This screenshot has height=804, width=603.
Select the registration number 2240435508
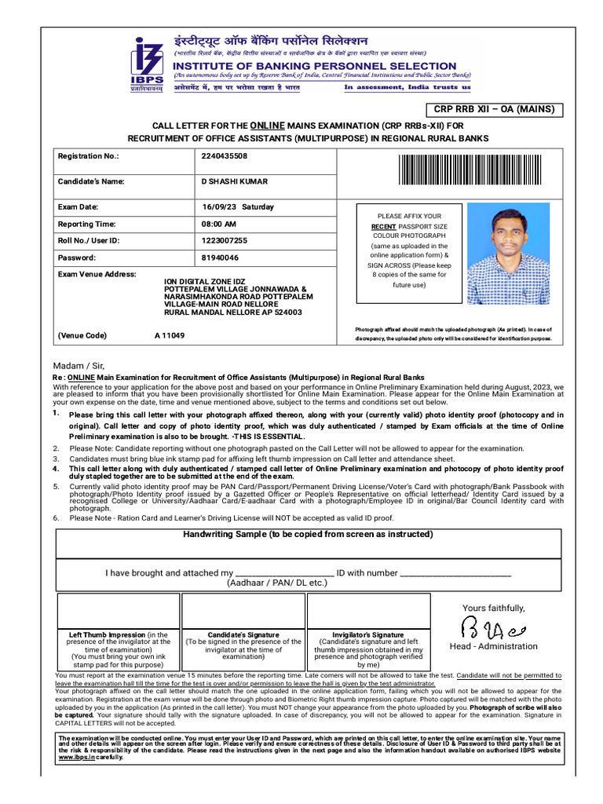click(x=225, y=156)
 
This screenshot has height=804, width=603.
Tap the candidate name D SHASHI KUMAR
click(x=234, y=181)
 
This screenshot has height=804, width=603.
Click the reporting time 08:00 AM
click(x=219, y=225)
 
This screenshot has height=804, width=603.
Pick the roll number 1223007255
click(x=225, y=240)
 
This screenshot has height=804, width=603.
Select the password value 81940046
click(x=221, y=258)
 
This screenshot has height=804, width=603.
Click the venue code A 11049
click(x=170, y=335)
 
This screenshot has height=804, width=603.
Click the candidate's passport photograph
click(x=508, y=254)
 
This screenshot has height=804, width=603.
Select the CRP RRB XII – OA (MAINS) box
click(x=495, y=109)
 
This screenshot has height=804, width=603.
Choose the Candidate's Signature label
click(x=243, y=634)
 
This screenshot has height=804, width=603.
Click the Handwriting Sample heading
click(x=308, y=534)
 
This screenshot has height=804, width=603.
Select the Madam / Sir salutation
click(x=78, y=366)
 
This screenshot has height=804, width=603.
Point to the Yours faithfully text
click(x=494, y=608)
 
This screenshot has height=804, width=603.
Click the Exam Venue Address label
click(x=97, y=275)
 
